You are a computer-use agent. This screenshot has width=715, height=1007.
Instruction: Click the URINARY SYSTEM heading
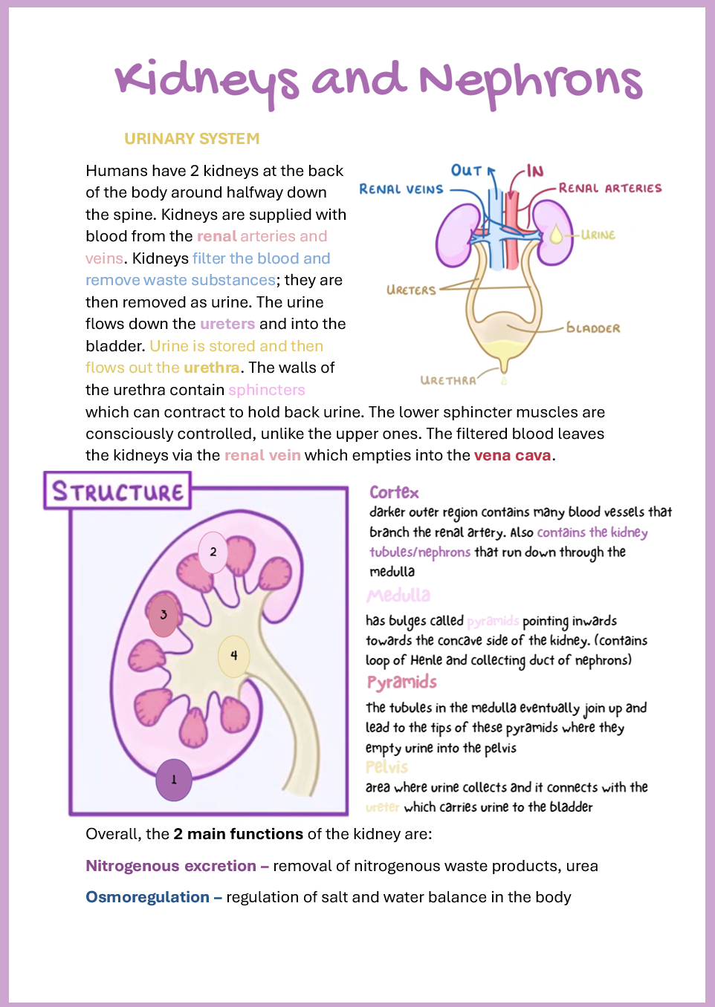point(192,139)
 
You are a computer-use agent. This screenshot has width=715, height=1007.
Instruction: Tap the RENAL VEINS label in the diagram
point(401,189)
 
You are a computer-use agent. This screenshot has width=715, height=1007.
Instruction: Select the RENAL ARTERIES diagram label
point(609,189)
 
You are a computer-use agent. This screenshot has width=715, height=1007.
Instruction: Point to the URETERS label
point(411,290)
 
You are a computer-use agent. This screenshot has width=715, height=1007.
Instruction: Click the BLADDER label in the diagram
point(593,328)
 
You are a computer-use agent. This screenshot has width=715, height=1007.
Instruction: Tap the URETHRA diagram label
point(448,380)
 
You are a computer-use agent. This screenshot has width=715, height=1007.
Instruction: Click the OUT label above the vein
point(466,171)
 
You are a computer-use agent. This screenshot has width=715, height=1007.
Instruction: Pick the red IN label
point(535,172)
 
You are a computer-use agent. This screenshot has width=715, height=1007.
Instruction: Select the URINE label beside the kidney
point(598,235)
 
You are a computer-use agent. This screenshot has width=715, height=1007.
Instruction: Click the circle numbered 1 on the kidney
point(174,780)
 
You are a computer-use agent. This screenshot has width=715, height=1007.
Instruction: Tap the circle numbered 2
point(213,552)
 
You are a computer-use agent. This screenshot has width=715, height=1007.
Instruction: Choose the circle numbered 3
point(164,615)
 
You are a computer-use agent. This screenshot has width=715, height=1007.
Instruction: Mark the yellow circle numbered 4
point(233,656)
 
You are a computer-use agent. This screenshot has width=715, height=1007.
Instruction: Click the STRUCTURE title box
point(117,492)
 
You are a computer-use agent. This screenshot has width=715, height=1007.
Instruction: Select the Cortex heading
point(394,492)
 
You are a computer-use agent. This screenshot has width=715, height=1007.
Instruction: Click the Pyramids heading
point(401,682)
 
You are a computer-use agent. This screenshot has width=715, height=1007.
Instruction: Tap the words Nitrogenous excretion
point(171,866)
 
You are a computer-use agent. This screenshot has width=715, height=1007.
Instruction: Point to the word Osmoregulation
point(147,897)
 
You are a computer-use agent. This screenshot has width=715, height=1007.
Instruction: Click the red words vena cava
point(512,455)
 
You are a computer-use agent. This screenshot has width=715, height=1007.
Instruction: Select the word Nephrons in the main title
point(531,82)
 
